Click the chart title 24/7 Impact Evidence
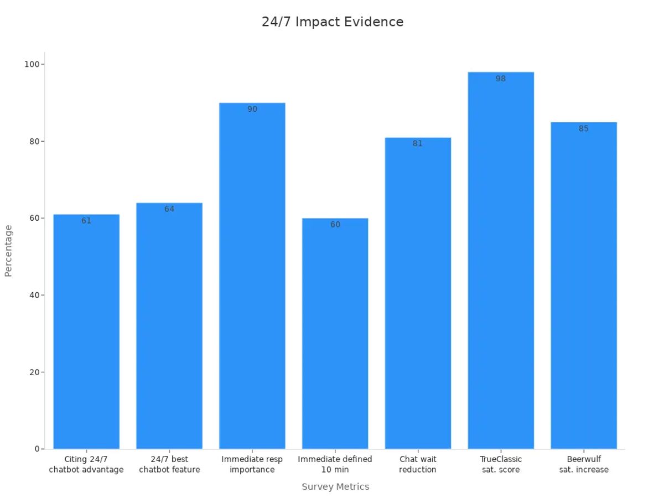332,22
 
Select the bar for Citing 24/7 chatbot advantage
86,332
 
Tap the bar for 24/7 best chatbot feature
169,326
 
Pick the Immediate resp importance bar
252,277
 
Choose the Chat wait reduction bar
418,293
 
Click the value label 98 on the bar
501,79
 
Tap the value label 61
86,221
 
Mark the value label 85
584,129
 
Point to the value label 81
418,144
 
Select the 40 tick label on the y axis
33,295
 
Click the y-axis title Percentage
8,251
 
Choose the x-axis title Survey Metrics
335,487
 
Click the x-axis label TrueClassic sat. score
501,464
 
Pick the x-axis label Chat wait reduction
418,464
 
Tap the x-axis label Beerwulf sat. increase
584,464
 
